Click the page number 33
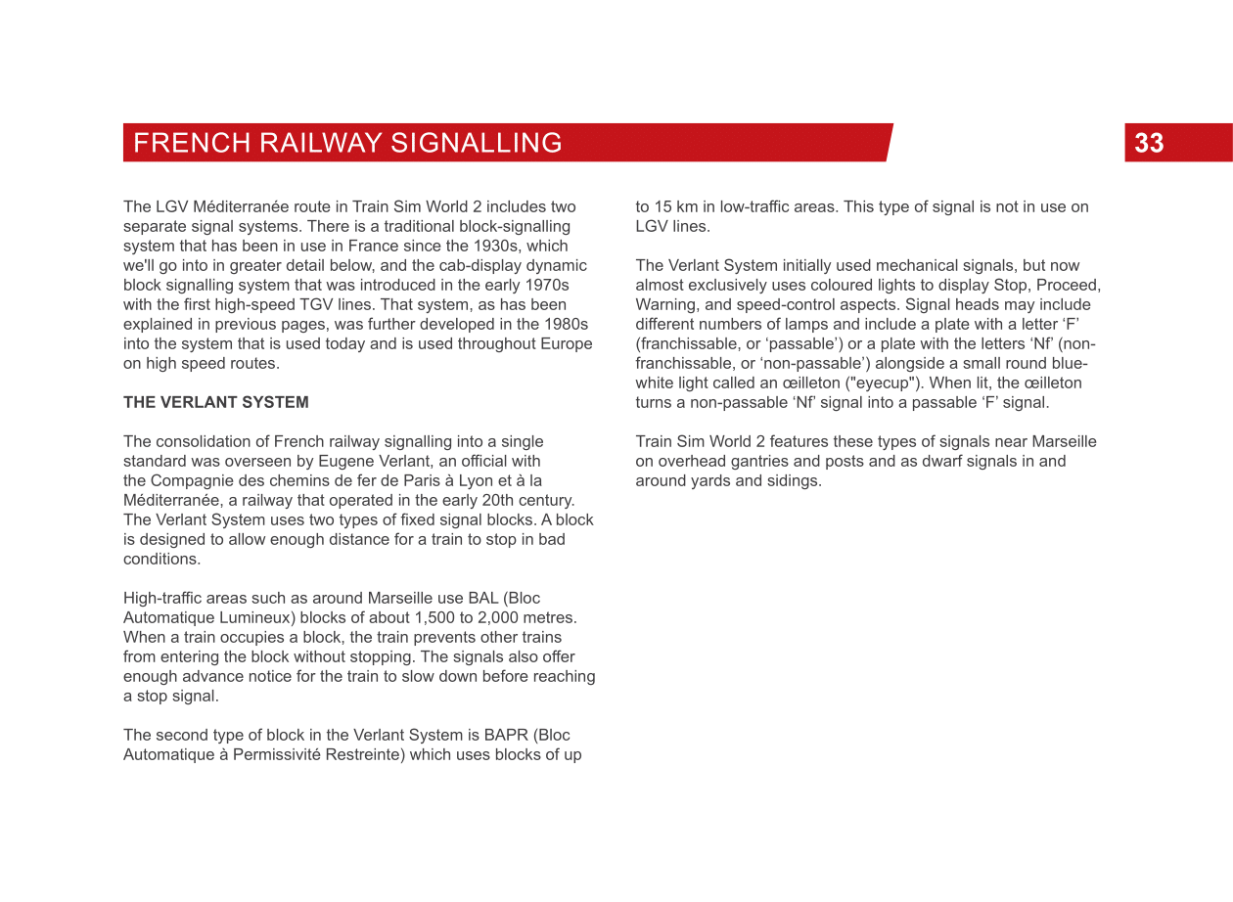(1149, 143)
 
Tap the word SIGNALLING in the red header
(476, 143)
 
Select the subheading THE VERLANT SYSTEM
(215, 402)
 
